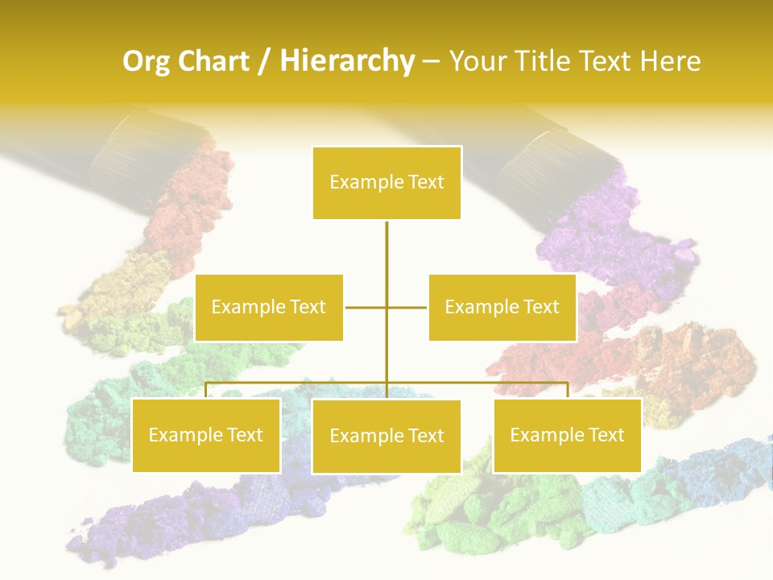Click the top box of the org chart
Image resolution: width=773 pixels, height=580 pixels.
tap(386, 183)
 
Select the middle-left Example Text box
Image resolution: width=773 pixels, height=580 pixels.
tap(269, 307)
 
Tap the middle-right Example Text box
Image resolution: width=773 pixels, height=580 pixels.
tap(502, 307)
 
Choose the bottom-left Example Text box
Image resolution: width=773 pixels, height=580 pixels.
tap(205, 435)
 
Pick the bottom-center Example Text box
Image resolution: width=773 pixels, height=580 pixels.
tap(386, 436)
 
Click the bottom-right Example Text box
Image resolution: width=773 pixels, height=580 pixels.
tap(567, 435)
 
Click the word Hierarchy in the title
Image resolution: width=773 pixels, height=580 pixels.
tap(347, 61)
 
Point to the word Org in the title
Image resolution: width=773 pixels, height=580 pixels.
tap(148, 61)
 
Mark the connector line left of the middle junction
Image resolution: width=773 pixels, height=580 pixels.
tap(366, 307)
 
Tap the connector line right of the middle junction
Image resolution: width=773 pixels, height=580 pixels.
tap(407, 307)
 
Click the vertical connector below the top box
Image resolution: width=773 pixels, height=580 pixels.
tap(386, 258)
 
